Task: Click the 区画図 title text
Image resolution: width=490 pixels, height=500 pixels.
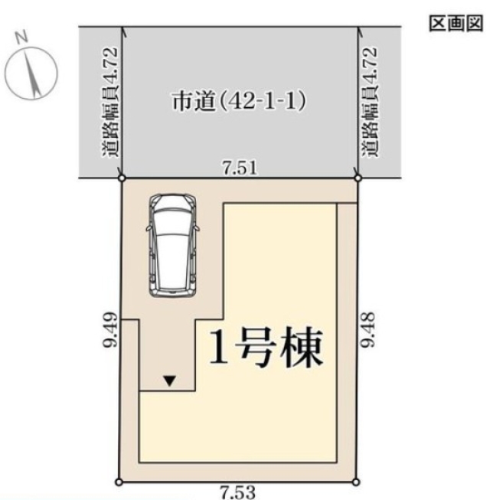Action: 456,23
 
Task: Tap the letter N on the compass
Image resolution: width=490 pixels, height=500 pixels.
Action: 21,38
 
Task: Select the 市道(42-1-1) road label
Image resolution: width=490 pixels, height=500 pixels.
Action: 239,101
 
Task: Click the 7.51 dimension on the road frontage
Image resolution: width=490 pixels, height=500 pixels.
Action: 240,168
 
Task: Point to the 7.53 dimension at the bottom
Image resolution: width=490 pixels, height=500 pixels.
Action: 238,492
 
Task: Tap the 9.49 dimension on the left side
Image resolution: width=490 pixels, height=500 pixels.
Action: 110,330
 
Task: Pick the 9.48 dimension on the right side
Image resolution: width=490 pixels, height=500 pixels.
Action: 368,329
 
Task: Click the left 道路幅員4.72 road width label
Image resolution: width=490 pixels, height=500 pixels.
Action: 110,102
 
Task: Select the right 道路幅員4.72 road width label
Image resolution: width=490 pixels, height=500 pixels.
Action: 370,102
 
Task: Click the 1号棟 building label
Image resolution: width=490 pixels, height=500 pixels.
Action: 266,348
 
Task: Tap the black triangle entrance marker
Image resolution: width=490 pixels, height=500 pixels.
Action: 169,381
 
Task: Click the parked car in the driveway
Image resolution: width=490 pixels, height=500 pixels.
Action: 173,246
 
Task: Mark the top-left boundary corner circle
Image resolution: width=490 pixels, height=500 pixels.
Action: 122,178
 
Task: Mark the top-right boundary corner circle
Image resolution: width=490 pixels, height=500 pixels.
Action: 358,178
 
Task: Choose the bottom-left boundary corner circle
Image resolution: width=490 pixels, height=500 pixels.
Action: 119,482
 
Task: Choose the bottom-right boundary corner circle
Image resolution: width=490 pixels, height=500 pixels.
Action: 357,482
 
